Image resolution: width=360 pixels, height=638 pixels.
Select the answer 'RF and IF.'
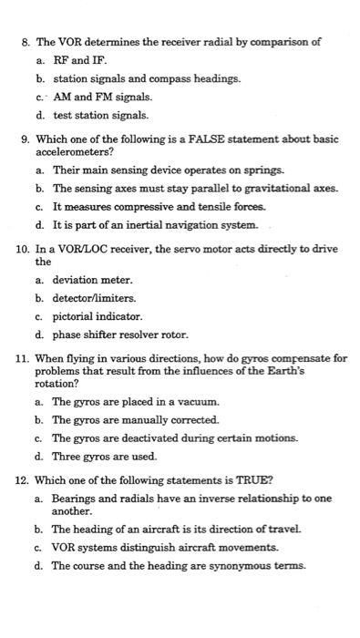(79, 60)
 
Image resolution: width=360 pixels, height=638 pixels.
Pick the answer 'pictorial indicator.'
(98, 316)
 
